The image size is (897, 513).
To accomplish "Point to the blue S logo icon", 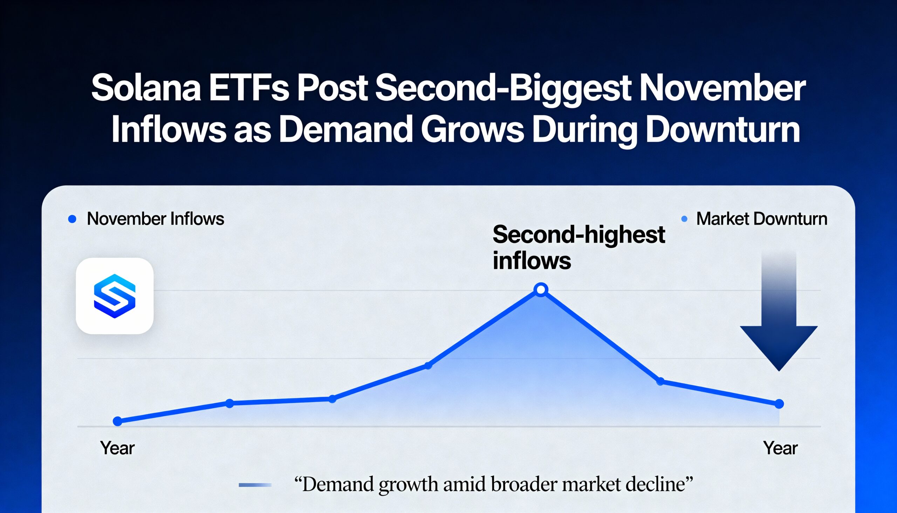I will coord(115,296).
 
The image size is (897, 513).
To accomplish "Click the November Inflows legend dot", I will coord(72,219).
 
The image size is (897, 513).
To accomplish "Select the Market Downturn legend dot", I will coord(684,219).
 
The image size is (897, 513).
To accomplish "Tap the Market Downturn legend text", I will coord(761,219).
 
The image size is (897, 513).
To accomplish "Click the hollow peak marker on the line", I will coord(541,290).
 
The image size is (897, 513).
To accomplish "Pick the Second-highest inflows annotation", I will coord(578,247).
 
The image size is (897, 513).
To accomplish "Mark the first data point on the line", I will coord(118,421).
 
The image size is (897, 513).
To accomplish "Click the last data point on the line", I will coord(779,404).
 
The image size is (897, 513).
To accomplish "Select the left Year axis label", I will coord(117,448).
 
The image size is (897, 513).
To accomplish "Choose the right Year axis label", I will coord(780,448).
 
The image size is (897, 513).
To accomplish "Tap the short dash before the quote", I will coord(255,485).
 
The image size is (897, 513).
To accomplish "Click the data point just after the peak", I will coord(660,381).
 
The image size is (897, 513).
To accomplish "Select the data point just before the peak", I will coord(428,366).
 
